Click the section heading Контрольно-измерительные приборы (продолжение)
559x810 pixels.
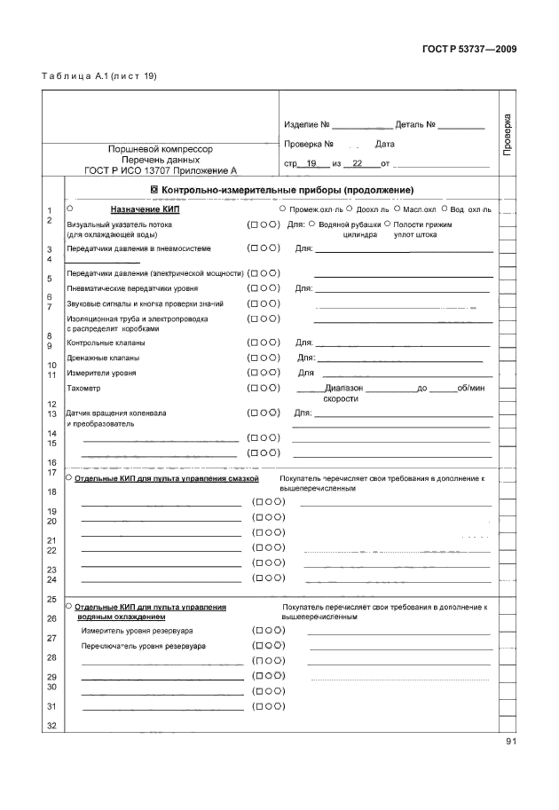point(281,190)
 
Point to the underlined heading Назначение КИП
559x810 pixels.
point(146,209)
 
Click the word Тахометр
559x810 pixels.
point(84,388)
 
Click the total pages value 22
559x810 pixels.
point(358,163)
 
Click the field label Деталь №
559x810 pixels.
point(413,124)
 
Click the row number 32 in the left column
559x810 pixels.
point(51,726)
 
